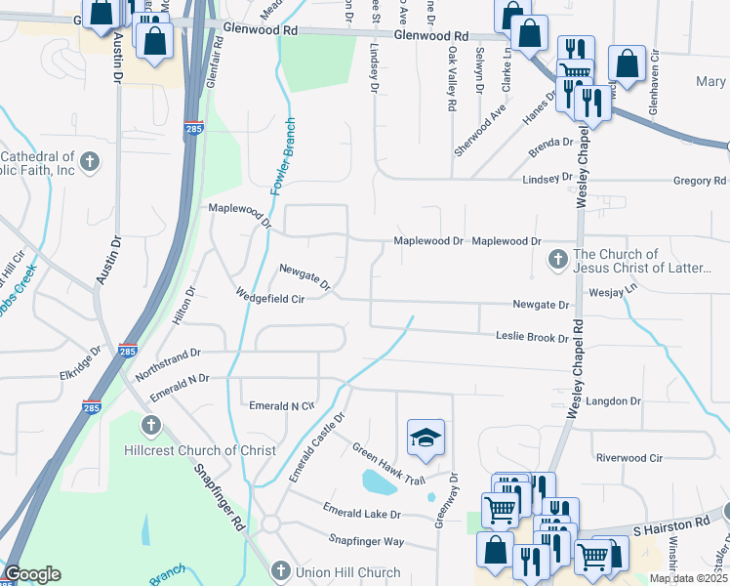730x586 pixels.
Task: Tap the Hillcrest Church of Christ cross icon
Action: (150, 425)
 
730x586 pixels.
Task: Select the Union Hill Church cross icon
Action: (281, 570)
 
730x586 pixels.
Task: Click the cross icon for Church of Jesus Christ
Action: (557, 259)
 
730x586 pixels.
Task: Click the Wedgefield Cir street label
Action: (270, 299)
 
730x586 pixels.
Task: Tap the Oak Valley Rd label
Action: (451, 79)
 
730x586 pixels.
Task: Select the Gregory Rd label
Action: (700, 181)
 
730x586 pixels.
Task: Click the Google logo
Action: (32, 574)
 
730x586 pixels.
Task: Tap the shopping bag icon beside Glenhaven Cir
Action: (627, 63)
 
